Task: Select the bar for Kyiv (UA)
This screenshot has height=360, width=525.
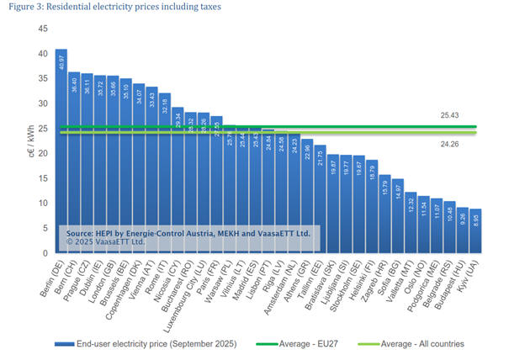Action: pos(475,231)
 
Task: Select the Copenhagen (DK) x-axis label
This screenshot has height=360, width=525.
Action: pos(127,285)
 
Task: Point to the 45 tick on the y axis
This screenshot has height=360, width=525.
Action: pos(43,29)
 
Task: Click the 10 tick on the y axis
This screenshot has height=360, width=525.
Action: pos(43,204)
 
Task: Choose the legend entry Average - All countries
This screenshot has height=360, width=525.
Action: pos(423,344)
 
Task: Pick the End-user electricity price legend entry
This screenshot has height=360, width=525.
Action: pos(143,344)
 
